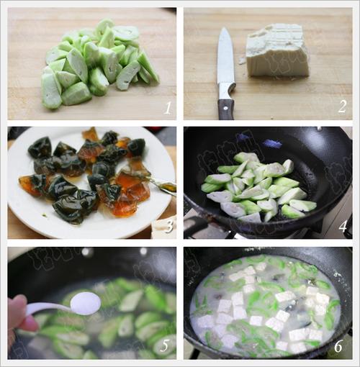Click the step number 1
[167, 109]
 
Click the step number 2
[342, 107]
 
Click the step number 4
[343, 227]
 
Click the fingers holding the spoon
[19, 317]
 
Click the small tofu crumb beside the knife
[240, 61]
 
